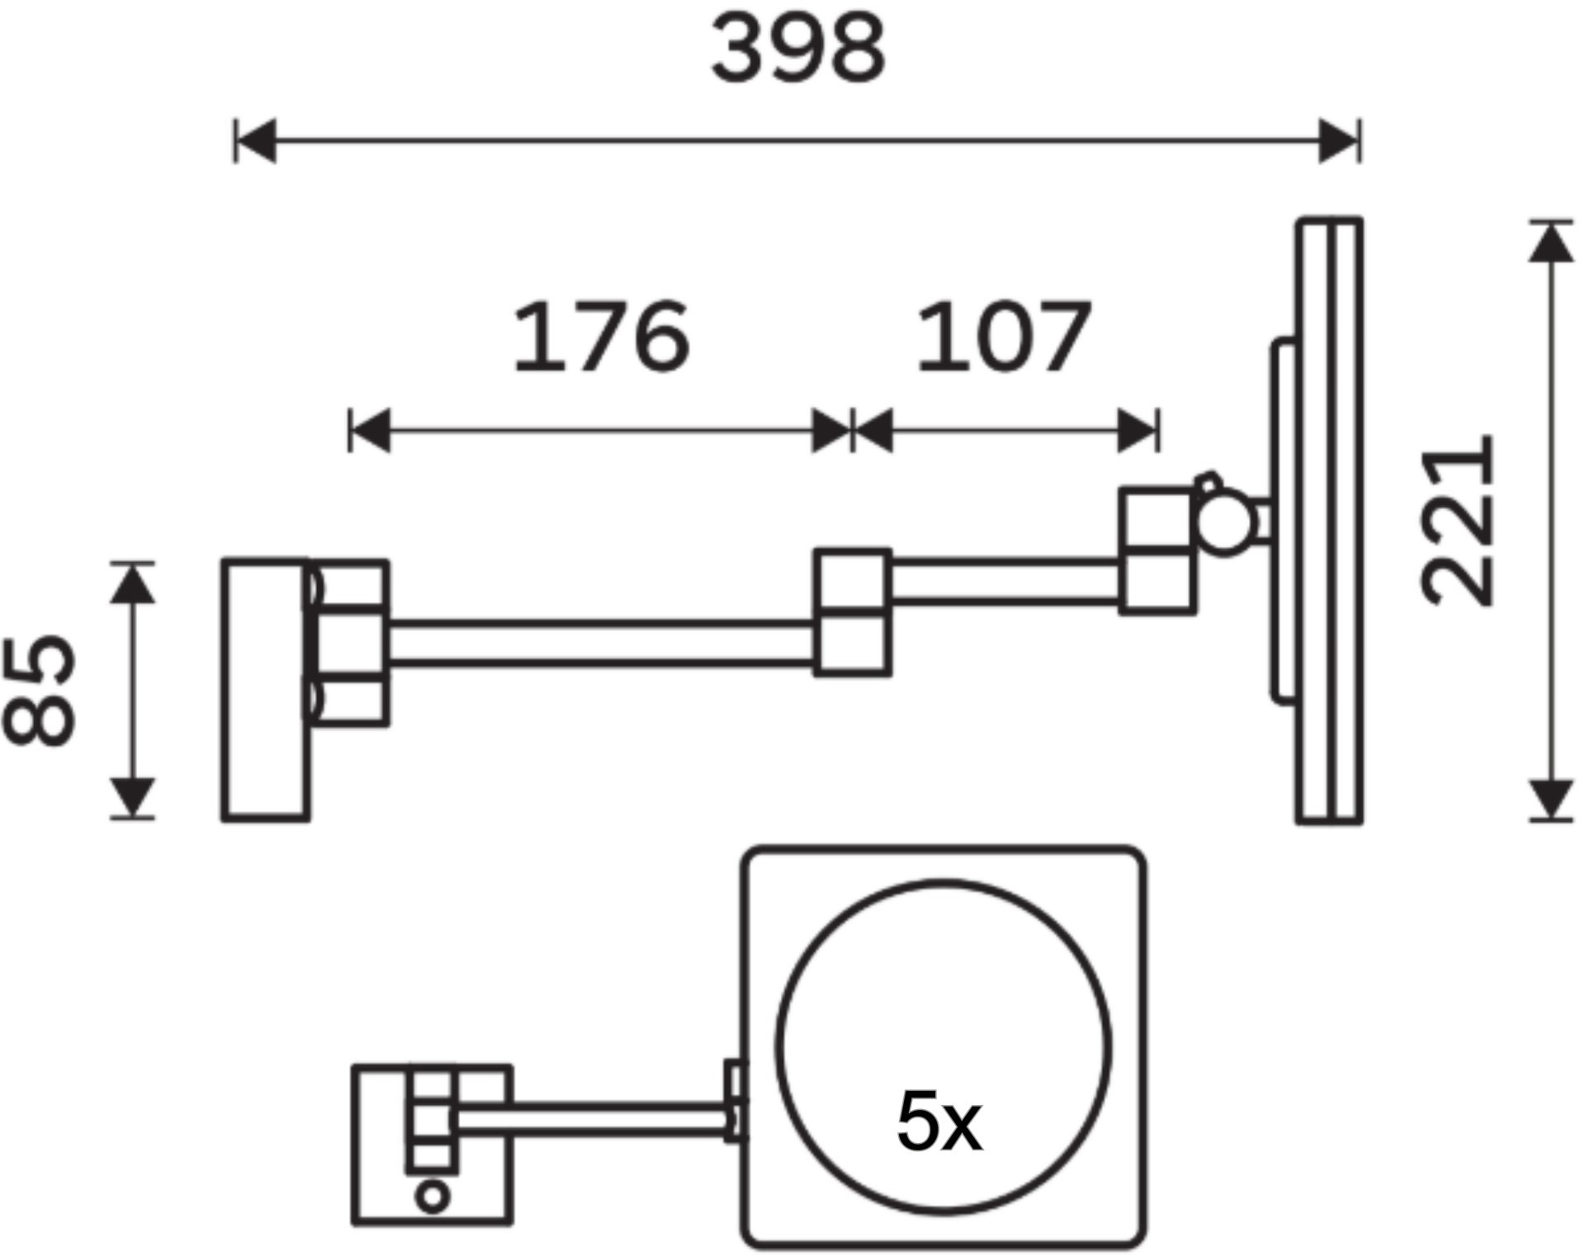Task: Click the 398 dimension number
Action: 798,49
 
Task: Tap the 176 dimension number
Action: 601,337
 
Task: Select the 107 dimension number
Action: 1004,337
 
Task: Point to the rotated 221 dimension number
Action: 1458,520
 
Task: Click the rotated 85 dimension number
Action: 39,690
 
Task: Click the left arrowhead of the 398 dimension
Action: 256,141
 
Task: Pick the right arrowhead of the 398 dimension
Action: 1338,141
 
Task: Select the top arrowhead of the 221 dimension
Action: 1551,243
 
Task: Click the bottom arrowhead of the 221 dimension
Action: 1551,799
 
